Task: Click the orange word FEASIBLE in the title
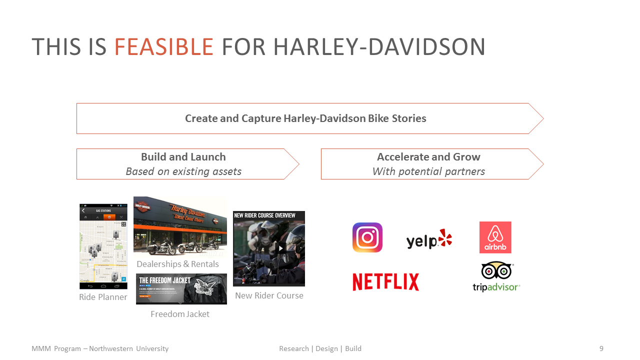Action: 164,47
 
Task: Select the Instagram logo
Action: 367,237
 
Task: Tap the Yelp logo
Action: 429,240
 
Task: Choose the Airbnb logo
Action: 495,237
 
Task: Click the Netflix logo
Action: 385,282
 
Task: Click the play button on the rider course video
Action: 281,248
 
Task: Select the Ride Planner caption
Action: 103,297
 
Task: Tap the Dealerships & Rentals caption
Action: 177,264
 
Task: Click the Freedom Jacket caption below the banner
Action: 180,314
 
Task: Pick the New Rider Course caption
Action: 269,295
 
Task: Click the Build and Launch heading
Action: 183,157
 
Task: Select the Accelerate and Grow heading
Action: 428,157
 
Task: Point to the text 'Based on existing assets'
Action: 183,171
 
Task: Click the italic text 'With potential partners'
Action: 428,171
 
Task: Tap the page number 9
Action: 601,348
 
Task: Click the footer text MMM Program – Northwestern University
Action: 100,348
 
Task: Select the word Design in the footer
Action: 326,348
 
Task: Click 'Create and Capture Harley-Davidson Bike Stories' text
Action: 305,118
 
